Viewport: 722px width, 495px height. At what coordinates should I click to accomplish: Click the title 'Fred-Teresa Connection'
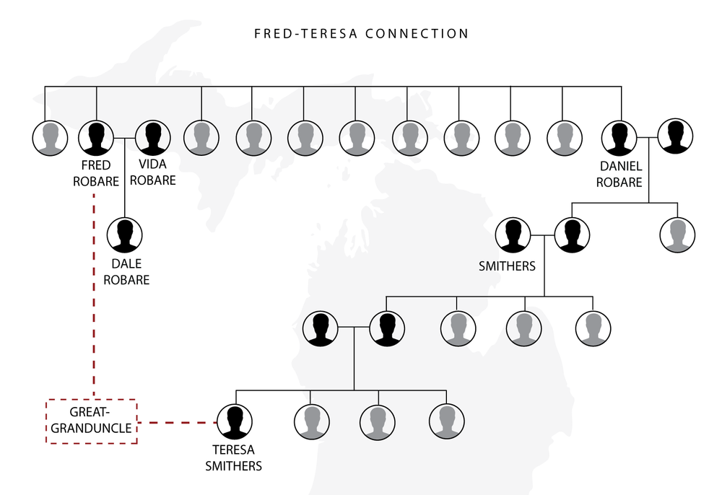point(361,34)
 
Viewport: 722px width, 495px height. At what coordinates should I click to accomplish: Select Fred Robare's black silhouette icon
point(97,137)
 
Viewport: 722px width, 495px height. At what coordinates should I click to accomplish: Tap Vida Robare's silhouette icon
point(152,137)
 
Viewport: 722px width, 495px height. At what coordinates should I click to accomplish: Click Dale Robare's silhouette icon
point(125,235)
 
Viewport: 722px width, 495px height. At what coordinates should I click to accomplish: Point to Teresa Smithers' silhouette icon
point(235,421)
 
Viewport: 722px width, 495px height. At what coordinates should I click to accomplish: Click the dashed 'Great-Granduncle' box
point(91,421)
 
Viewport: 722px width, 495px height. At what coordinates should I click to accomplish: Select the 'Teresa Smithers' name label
point(233,458)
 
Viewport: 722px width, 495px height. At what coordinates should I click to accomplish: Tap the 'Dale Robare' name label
point(126,272)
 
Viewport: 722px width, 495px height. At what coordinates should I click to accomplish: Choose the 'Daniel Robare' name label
point(620,175)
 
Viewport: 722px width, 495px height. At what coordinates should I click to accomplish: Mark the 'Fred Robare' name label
point(95,174)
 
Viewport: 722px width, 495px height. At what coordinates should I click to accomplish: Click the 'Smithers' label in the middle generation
point(507,266)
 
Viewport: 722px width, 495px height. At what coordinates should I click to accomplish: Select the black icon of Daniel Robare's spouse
point(675,136)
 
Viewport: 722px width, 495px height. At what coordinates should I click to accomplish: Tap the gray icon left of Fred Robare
point(50,137)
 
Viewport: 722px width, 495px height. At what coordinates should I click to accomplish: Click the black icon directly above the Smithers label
point(513,235)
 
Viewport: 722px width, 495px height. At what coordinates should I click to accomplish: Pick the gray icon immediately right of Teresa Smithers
point(313,421)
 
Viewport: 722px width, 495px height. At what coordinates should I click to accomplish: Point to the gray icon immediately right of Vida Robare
point(201,137)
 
